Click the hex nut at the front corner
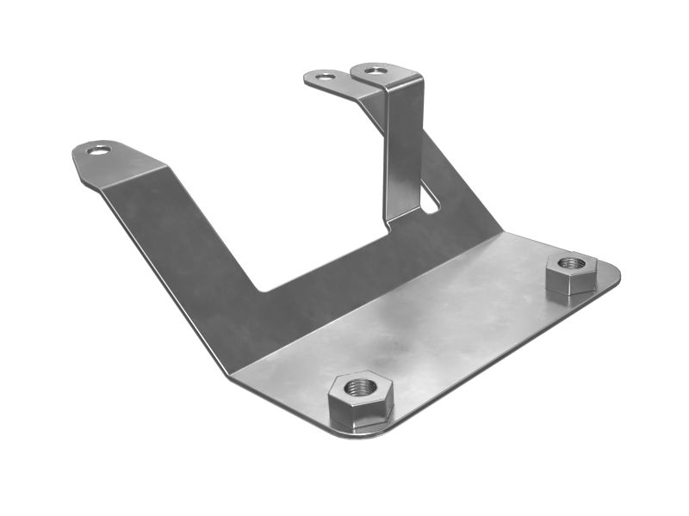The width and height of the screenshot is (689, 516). point(360,401)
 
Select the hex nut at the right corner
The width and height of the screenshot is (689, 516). point(570,273)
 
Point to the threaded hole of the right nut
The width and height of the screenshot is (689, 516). point(571,262)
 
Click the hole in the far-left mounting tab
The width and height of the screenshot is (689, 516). point(99,150)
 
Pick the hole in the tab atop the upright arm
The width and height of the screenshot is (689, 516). point(375,70)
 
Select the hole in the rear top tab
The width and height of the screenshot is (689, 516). point(325,77)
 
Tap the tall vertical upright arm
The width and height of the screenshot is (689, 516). point(403,150)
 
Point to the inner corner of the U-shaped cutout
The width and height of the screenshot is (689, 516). point(263,288)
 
